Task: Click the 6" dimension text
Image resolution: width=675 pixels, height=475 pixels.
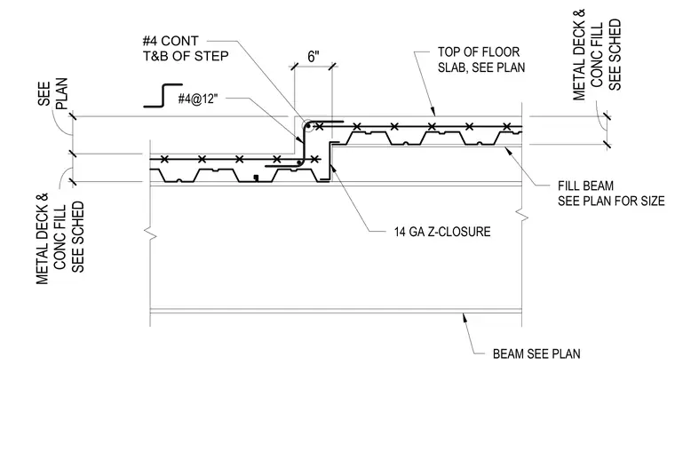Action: click(314, 56)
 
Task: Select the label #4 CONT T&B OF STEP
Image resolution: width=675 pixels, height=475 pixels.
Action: click(186, 49)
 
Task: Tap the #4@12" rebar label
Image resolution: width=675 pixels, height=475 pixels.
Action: click(198, 99)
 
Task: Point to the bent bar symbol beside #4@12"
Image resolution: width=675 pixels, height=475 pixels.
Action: click(163, 95)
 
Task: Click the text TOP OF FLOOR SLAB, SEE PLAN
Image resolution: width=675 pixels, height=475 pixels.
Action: click(481, 59)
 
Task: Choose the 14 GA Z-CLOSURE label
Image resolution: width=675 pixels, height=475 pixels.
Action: click(442, 232)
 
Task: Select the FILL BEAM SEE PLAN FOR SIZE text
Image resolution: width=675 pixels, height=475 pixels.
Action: click(611, 194)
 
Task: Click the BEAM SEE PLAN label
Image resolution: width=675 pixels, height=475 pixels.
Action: click(536, 353)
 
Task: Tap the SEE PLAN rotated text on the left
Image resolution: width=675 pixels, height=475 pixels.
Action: click(52, 94)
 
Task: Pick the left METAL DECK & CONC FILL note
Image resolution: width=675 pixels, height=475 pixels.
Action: click(60, 239)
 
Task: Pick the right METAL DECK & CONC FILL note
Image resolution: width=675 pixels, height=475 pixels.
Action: click(597, 55)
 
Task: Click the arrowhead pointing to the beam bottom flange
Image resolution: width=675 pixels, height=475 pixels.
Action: click(465, 318)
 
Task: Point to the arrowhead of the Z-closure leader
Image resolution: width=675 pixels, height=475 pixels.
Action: click(335, 168)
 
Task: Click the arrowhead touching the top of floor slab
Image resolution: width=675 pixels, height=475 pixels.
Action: click(433, 112)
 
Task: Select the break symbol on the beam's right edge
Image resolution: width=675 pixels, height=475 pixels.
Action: click(522, 215)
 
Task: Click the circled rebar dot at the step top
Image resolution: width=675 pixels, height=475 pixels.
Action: click(308, 126)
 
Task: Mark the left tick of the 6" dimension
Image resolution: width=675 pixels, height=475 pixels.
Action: click(295, 67)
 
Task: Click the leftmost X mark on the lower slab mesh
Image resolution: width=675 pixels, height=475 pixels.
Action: click(164, 160)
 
